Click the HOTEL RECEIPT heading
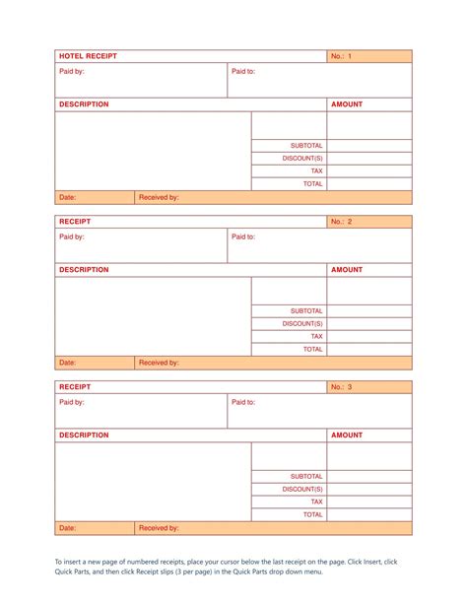pyautogui.click(x=88, y=56)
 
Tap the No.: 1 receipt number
pyautogui.click(x=341, y=56)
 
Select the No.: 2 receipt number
pyautogui.click(x=341, y=222)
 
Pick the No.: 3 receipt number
pyautogui.click(x=341, y=387)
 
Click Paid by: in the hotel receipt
pyautogui.click(x=72, y=71)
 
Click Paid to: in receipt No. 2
pyautogui.click(x=243, y=236)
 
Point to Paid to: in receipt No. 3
pyautogui.click(x=243, y=402)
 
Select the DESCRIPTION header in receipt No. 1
pyautogui.click(x=84, y=103)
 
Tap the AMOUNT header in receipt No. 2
pyautogui.click(x=347, y=269)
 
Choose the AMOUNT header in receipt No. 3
pyautogui.click(x=347, y=435)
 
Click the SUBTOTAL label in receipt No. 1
pyautogui.click(x=306, y=145)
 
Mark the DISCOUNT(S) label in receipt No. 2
pyautogui.click(x=302, y=323)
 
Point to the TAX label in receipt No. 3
pyautogui.click(x=316, y=502)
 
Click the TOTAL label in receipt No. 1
pyautogui.click(x=312, y=183)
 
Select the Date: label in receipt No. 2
pyautogui.click(x=67, y=363)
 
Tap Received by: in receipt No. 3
pyautogui.click(x=159, y=528)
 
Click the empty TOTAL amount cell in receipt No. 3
pyautogui.click(x=369, y=514)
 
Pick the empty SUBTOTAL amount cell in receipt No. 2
pyautogui.click(x=369, y=310)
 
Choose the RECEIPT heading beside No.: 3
pyautogui.click(x=75, y=387)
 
